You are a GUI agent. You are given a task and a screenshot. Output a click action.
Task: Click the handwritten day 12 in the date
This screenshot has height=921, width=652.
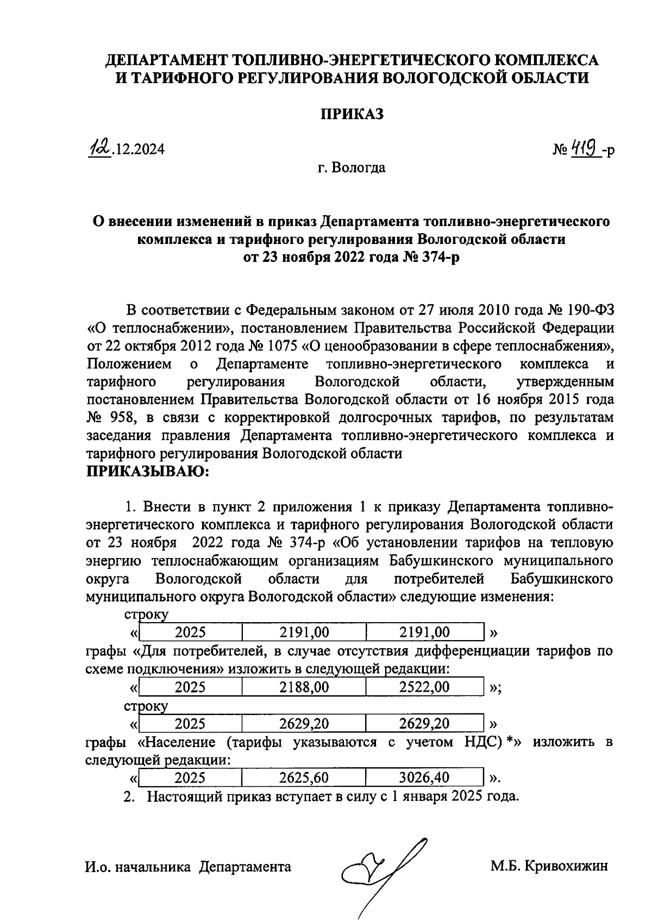[101, 148]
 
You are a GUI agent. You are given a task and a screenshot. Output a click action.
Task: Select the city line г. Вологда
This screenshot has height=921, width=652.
[352, 167]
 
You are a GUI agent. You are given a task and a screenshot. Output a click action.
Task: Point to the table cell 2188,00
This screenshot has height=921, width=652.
[304, 687]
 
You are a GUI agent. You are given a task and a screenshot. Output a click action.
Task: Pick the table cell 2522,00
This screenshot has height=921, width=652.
[424, 687]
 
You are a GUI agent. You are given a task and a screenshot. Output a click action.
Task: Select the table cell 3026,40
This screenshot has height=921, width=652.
[424, 778]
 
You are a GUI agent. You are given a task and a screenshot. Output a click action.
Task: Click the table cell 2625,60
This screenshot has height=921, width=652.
[304, 778]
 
